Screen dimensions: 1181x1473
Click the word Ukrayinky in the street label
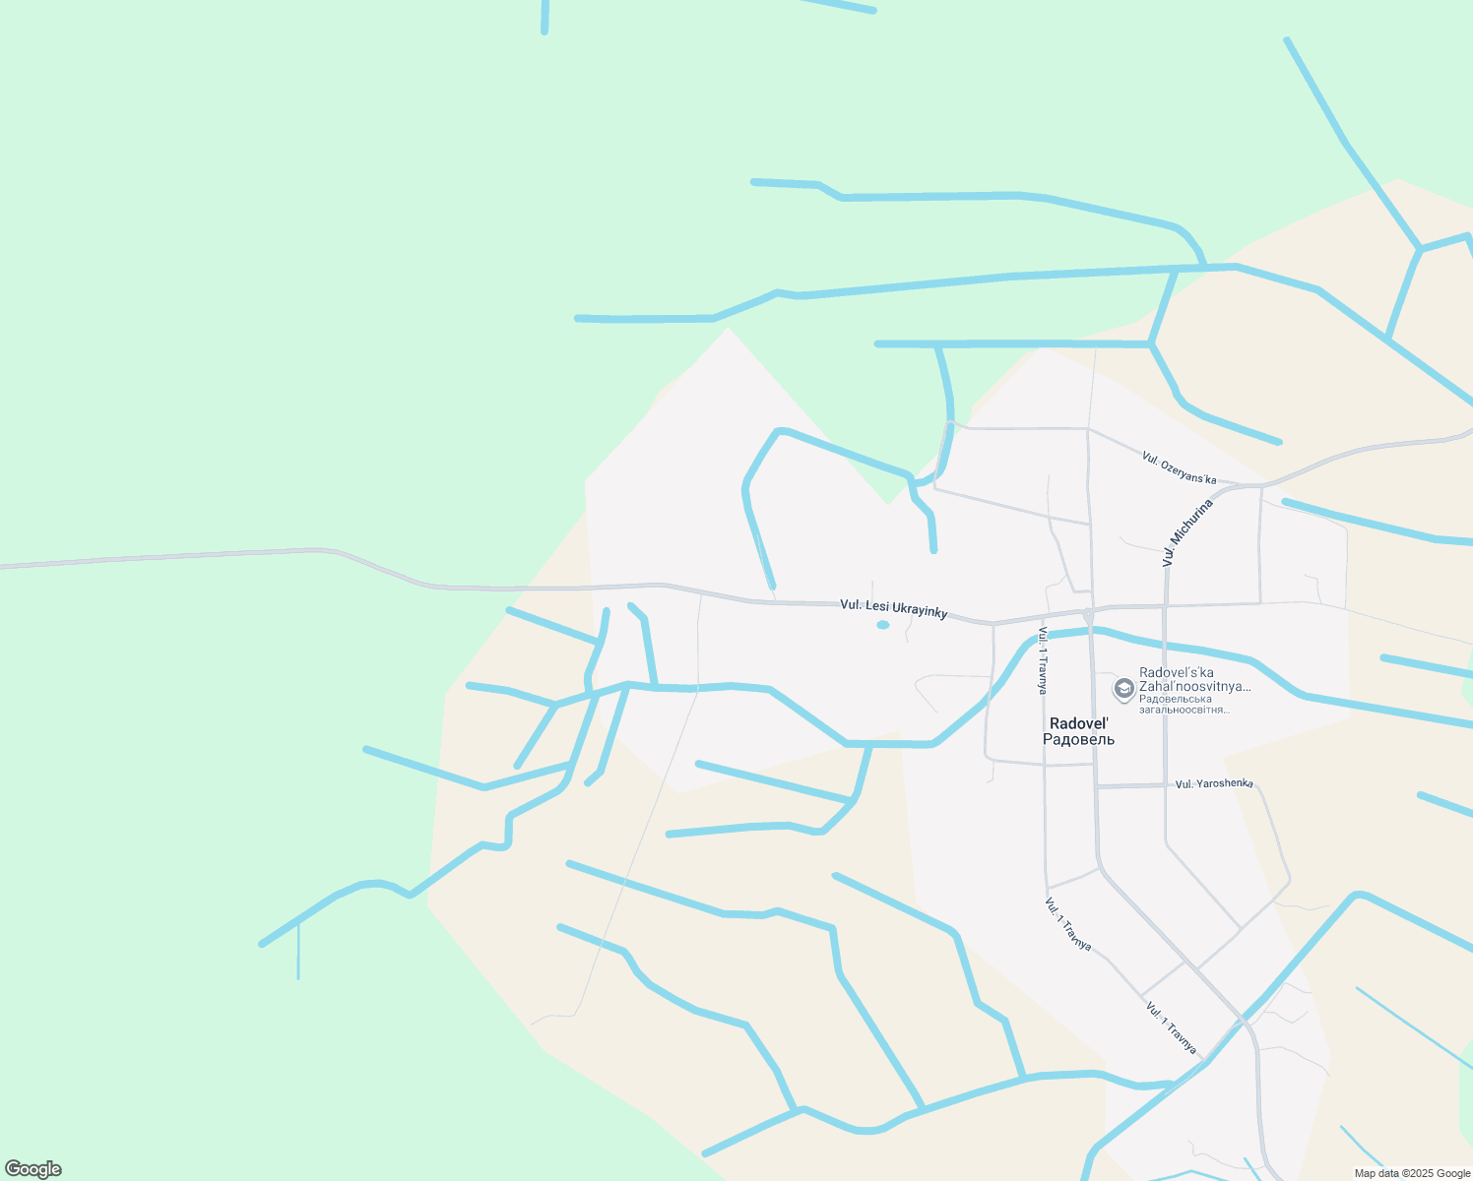[x=918, y=611]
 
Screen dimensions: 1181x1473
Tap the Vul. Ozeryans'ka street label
[x=1179, y=468]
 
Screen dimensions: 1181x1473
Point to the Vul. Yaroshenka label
[x=1214, y=783]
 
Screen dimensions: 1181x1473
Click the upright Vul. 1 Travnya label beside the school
[x=1042, y=660]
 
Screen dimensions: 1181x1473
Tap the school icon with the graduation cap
[x=1123, y=687]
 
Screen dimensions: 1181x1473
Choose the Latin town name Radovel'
[x=1078, y=723]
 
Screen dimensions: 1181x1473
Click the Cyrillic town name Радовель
[x=1078, y=740]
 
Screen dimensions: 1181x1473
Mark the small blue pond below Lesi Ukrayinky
[x=883, y=625]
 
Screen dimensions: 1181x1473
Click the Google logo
[x=32, y=1169]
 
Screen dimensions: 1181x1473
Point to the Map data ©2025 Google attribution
[x=1412, y=1173]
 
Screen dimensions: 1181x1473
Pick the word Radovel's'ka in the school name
[x=1176, y=673]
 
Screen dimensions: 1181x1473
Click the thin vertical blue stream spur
[x=298, y=952]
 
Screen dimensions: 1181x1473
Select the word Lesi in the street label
[x=876, y=605]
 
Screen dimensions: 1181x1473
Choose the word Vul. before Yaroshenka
[x=1184, y=784]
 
